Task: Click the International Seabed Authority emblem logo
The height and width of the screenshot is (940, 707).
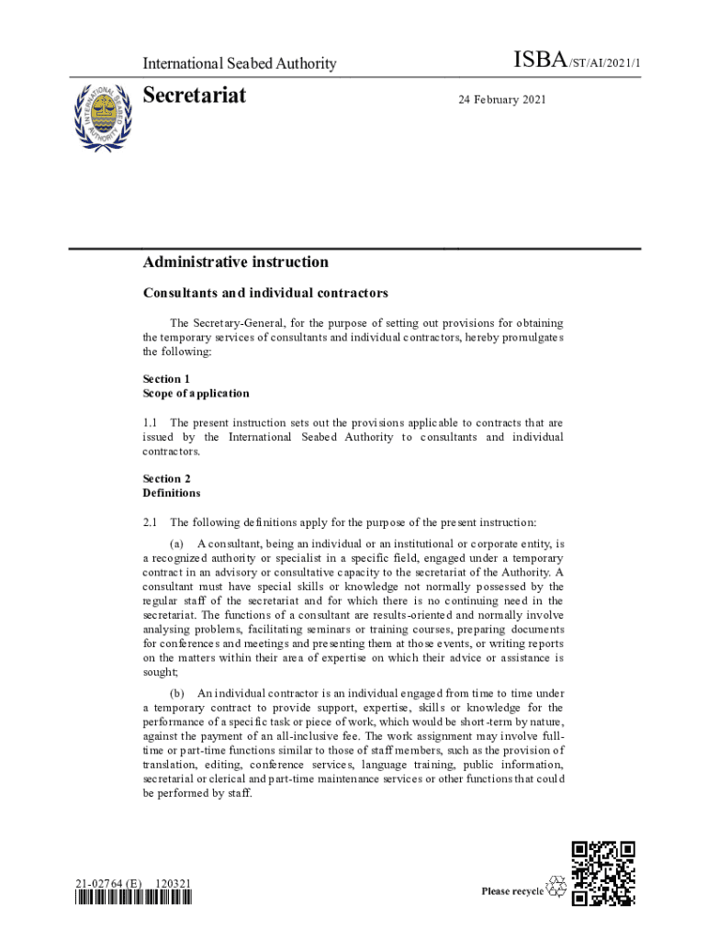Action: [x=103, y=116]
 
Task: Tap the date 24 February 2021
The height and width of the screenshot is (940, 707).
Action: [x=502, y=99]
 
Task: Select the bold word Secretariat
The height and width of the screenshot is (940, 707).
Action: [x=195, y=95]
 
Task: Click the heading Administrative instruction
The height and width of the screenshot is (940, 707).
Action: [x=235, y=263]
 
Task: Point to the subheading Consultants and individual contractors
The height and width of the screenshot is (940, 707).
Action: [x=265, y=294]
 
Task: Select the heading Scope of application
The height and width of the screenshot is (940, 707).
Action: [x=196, y=394]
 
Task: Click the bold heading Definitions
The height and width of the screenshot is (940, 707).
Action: [x=172, y=493]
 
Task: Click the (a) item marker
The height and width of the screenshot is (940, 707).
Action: [x=178, y=543]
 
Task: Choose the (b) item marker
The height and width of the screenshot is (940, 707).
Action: [x=178, y=692]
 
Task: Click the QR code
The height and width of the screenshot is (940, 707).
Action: [x=603, y=873]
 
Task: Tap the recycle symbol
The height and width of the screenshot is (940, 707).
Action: [x=556, y=887]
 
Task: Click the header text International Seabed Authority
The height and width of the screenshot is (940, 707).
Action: [x=239, y=63]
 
